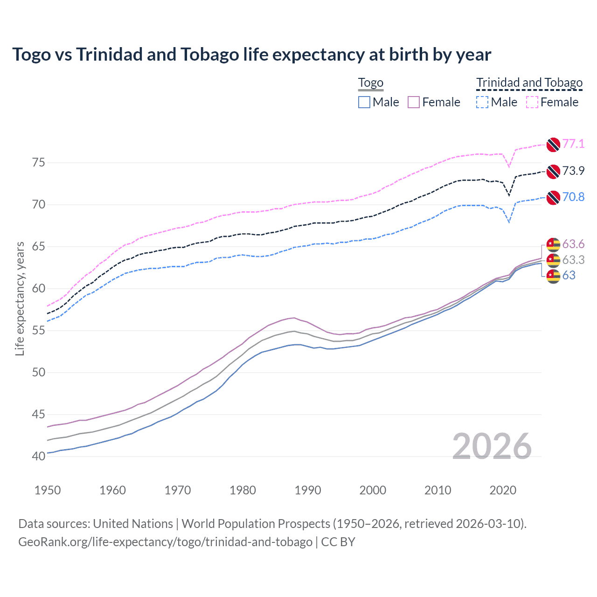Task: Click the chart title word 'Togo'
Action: coord(31,55)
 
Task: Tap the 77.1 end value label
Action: coord(573,144)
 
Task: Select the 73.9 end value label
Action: coord(573,171)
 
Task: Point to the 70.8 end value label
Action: coord(573,197)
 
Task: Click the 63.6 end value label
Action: coord(573,244)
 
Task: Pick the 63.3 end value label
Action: coord(573,260)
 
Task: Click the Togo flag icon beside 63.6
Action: coord(553,244)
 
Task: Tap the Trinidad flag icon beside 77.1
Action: coord(553,145)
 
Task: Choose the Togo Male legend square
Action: coord(364,102)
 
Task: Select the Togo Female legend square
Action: coord(414,102)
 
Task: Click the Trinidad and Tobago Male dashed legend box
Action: coord(482,102)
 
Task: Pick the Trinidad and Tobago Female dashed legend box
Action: coord(532,102)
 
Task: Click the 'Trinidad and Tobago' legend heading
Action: coord(529,83)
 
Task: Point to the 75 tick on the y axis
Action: coord(39,163)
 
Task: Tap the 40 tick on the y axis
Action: coord(39,456)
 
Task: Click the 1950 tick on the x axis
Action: coord(48,490)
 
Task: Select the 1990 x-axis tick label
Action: coord(308,490)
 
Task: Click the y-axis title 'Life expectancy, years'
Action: coord(20,298)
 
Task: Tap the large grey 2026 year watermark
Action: coord(492,446)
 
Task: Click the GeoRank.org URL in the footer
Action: coord(165,542)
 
